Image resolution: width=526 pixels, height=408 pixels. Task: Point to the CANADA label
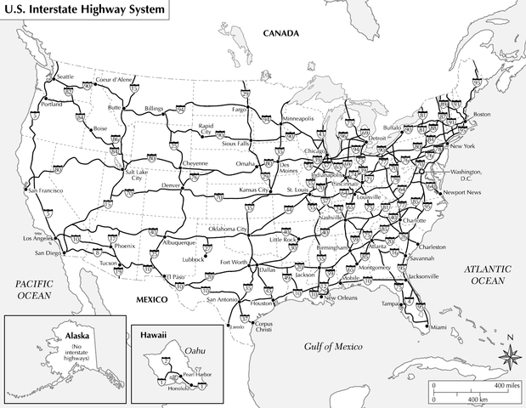coord(281,34)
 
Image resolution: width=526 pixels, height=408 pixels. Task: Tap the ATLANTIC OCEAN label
coord(486,275)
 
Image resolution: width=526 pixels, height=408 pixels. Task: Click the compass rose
coord(508,355)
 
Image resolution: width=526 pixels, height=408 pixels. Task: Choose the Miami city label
coord(438,327)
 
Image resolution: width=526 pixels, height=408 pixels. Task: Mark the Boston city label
coord(482,114)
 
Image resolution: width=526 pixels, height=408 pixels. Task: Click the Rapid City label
coord(205,130)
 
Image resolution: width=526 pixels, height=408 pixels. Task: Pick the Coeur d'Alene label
coord(115,79)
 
